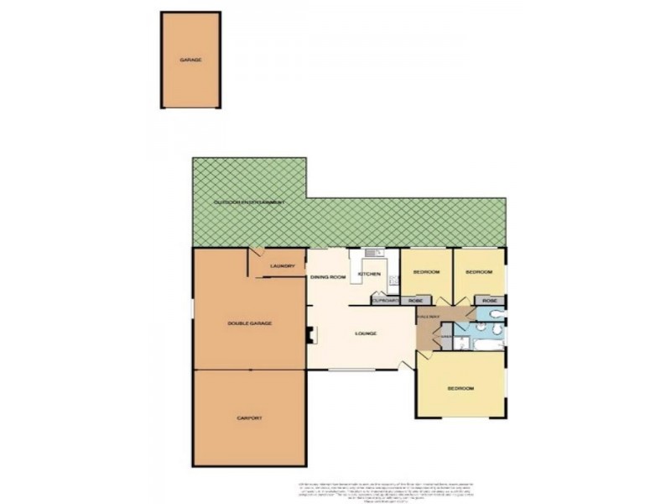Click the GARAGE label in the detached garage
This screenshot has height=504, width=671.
pyautogui.click(x=190, y=60)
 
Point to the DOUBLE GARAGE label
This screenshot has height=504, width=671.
pyautogui.click(x=250, y=323)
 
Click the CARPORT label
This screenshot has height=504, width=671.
pyautogui.click(x=250, y=417)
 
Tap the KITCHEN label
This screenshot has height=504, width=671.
pyautogui.click(x=370, y=275)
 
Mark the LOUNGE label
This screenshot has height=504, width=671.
pyautogui.click(x=366, y=333)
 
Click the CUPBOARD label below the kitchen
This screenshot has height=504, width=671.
pyautogui.click(x=384, y=301)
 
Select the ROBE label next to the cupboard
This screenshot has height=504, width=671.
pyautogui.click(x=414, y=301)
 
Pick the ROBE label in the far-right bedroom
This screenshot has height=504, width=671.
pyautogui.click(x=490, y=301)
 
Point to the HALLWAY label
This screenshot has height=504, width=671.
pyautogui.click(x=429, y=318)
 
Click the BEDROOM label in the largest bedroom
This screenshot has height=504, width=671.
pyautogui.click(x=460, y=388)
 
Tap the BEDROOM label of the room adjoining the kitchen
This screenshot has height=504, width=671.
pyautogui.click(x=426, y=273)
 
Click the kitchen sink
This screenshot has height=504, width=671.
pyautogui.click(x=375, y=253)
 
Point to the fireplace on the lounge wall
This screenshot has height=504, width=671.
pyautogui.click(x=309, y=334)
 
